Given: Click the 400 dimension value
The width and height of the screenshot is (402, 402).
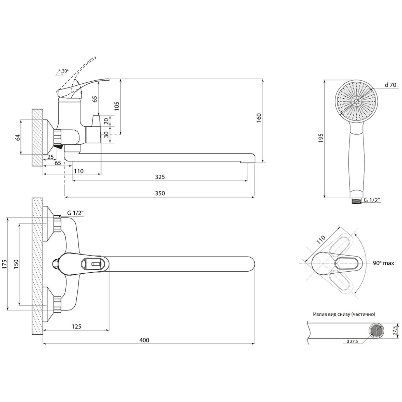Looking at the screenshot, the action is click(144, 340).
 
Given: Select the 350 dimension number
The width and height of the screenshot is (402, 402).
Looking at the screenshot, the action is click(160, 193).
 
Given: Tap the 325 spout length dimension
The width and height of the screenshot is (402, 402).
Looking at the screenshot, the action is click(160, 177).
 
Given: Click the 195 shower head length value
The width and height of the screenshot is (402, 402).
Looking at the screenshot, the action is click(321, 138).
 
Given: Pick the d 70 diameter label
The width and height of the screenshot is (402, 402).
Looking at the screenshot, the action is click(391, 85).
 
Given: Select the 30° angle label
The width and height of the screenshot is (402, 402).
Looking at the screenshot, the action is click(65, 71).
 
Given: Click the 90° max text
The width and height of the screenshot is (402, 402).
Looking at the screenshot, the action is click(384, 263).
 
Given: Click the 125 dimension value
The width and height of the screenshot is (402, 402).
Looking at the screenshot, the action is click(77, 327).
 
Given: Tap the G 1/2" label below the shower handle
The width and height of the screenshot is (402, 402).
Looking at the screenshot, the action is click(372, 200).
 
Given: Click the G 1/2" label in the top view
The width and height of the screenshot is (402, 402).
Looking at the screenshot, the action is click(75, 213).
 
